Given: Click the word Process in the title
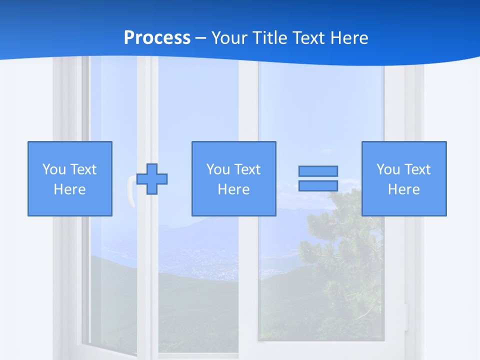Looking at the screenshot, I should click(157, 38).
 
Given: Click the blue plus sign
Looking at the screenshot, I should click(152, 178).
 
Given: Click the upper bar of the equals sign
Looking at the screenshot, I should click(318, 171).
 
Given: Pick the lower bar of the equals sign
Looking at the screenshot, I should click(318, 185).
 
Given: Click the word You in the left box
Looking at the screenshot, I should click(54, 169).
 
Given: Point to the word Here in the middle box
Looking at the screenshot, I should click(233, 189).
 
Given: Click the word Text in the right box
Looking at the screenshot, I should click(417, 169).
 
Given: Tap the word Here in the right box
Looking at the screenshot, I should click(403, 189).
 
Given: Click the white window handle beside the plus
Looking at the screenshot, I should click(131, 190).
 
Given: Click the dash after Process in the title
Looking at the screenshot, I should click(200, 38).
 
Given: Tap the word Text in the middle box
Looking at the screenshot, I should click(247, 169).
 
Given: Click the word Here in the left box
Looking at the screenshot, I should click(69, 189).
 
